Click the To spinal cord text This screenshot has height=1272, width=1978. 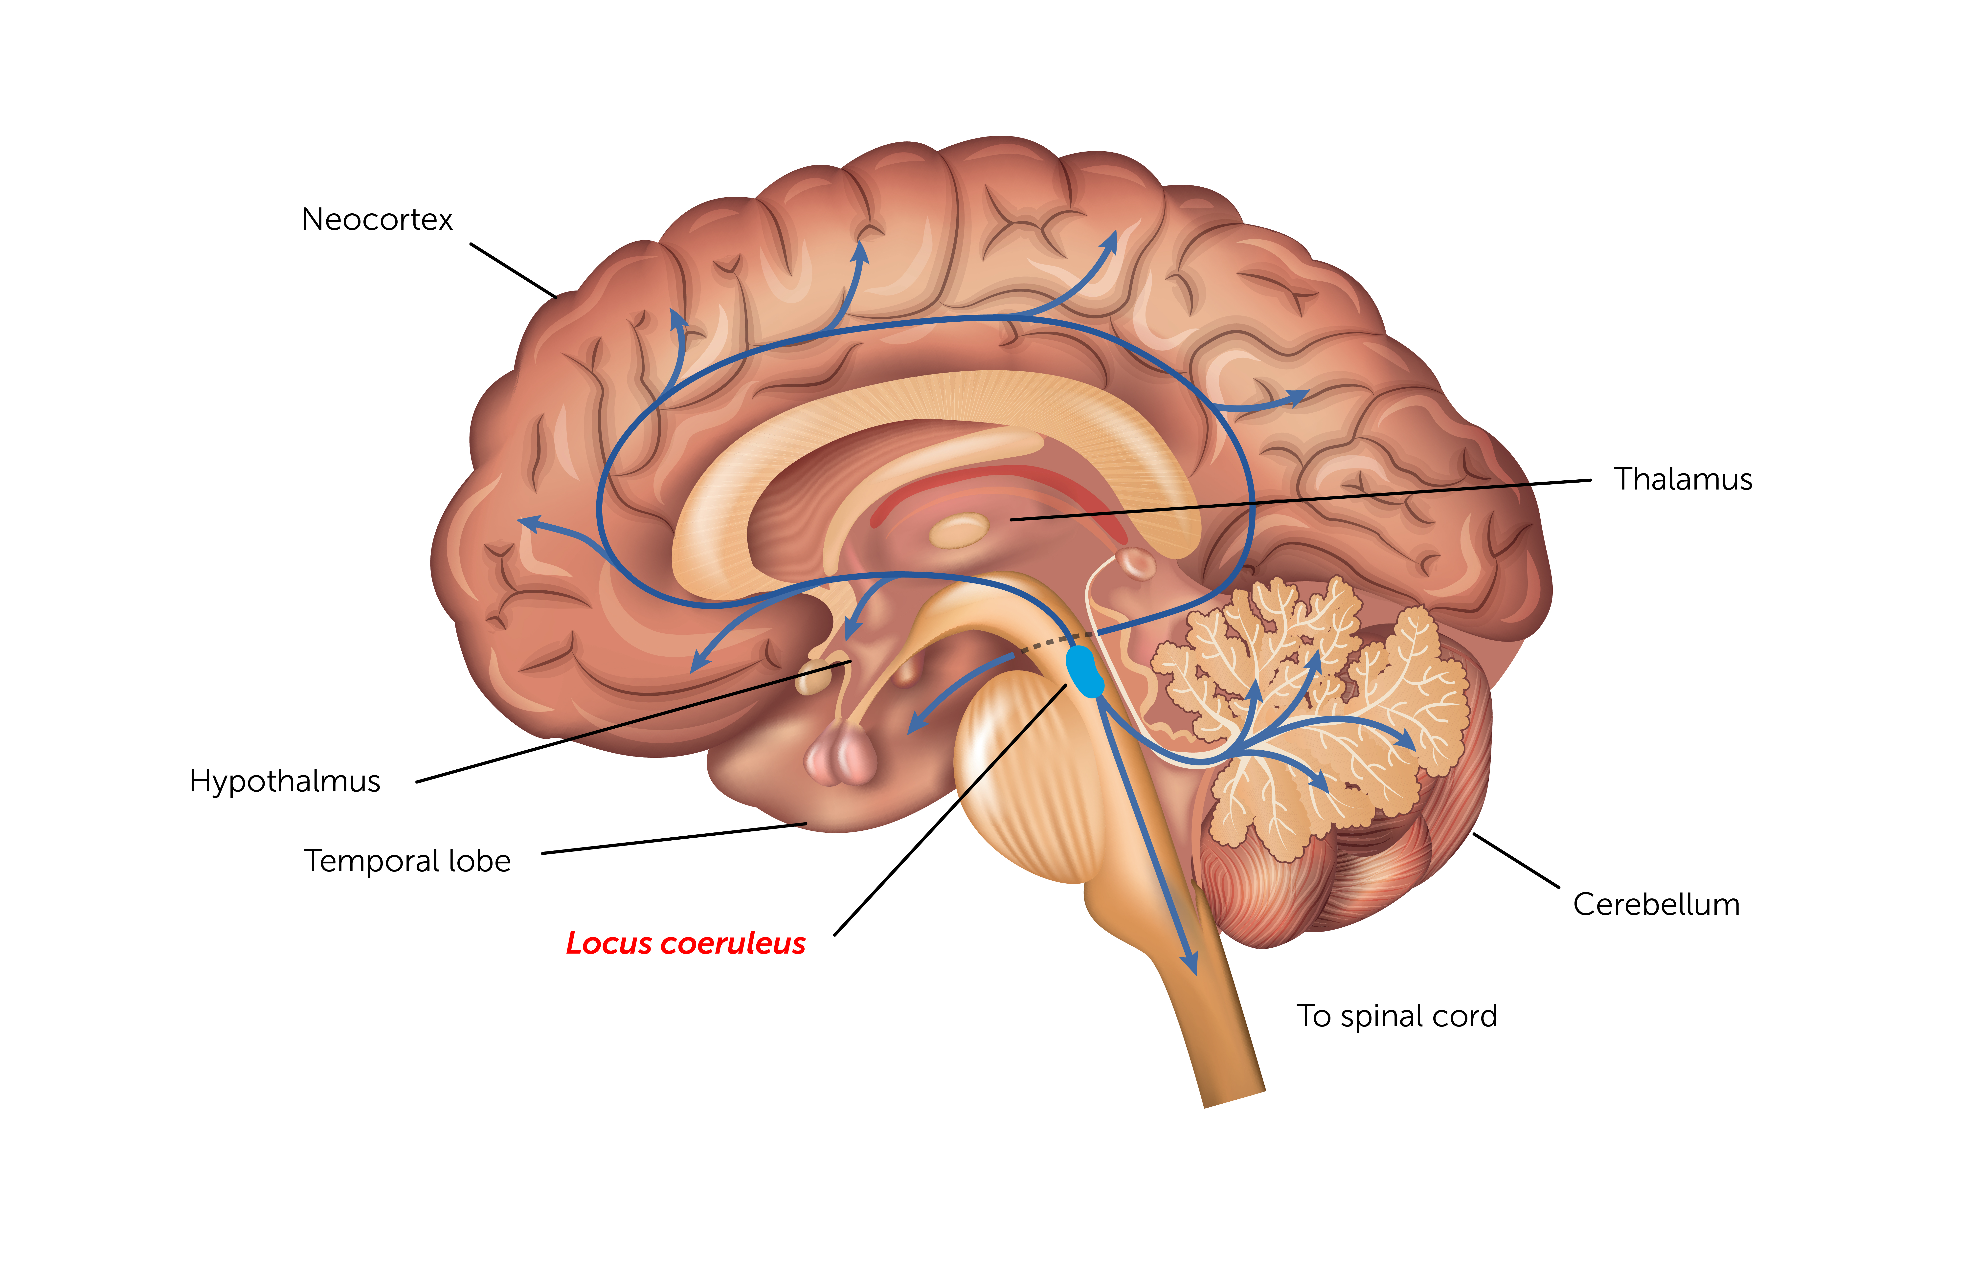(1396, 1016)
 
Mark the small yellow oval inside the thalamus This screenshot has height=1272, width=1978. (959, 530)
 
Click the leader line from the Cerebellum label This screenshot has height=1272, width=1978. (1515, 861)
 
